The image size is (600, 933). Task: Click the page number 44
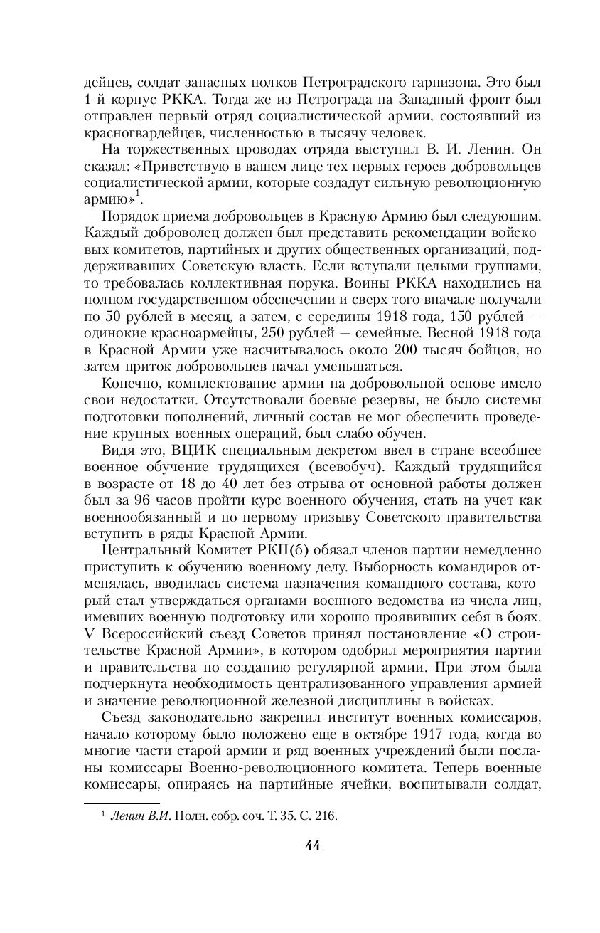[x=313, y=845]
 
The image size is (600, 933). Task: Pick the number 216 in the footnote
[x=326, y=816]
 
